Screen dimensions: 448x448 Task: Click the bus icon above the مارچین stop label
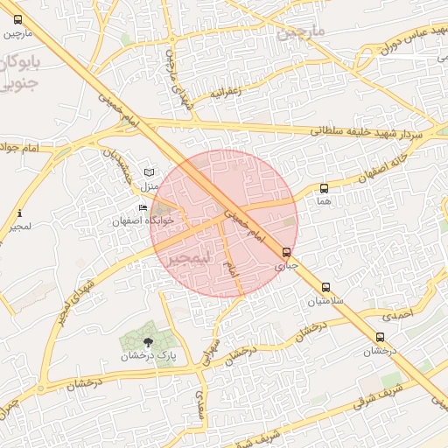[x=19, y=19]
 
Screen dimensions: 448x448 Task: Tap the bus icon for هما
[x=325, y=188]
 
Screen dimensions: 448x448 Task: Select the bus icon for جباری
[x=287, y=252]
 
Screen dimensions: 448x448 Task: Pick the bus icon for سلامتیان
[x=325, y=287]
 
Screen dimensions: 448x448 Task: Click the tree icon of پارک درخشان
[x=147, y=342]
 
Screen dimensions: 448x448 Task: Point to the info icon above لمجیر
[x=19, y=213]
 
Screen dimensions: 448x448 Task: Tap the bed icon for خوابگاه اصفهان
[x=143, y=207]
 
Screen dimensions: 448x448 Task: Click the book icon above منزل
[x=148, y=171]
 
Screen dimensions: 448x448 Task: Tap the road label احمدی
[x=399, y=312]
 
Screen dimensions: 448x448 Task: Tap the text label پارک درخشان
[x=143, y=356]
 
